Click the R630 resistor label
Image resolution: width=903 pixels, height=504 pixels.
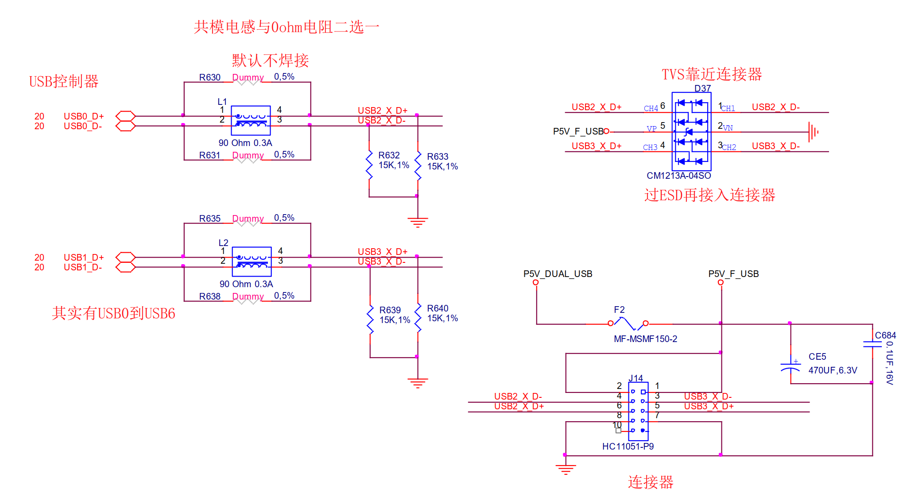pos(209,77)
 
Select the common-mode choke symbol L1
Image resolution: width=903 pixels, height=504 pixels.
pos(251,120)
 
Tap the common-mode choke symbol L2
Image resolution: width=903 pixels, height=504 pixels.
pos(252,262)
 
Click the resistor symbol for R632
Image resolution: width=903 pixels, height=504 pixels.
pos(369,165)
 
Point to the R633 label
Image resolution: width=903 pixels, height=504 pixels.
pos(438,157)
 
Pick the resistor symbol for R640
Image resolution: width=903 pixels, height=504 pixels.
pos(418,317)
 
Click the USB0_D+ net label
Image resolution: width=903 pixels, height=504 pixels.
pos(84,116)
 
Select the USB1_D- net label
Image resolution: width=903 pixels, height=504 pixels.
pos(83,267)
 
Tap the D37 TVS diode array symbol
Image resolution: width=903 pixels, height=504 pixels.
pos(691,131)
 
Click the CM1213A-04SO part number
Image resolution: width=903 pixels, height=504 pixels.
pos(678,176)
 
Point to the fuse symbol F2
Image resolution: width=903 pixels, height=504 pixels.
pos(628,323)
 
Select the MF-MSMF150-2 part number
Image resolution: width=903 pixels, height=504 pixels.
pos(645,339)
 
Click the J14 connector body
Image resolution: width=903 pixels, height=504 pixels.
pos(638,411)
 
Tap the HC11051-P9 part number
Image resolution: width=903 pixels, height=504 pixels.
pos(628,446)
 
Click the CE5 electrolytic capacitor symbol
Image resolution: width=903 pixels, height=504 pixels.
pos(791,365)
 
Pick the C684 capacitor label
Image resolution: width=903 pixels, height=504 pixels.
pos(885,335)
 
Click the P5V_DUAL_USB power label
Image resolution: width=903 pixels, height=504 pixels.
pos(558,274)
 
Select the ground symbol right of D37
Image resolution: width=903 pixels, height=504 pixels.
pos(813,132)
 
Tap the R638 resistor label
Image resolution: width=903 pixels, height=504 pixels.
pos(209,296)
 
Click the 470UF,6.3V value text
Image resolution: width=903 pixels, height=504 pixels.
pos(833,370)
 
